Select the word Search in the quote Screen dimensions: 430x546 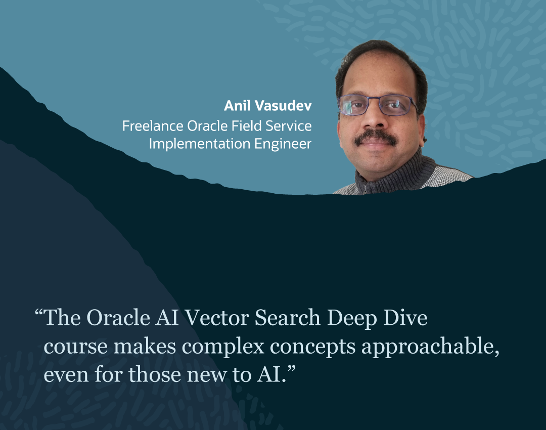[288, 318]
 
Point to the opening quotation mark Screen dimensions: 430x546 [39, 312]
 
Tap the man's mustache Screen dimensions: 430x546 [375, 137]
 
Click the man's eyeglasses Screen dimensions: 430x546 [377, 105]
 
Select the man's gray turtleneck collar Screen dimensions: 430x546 [399, 175]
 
